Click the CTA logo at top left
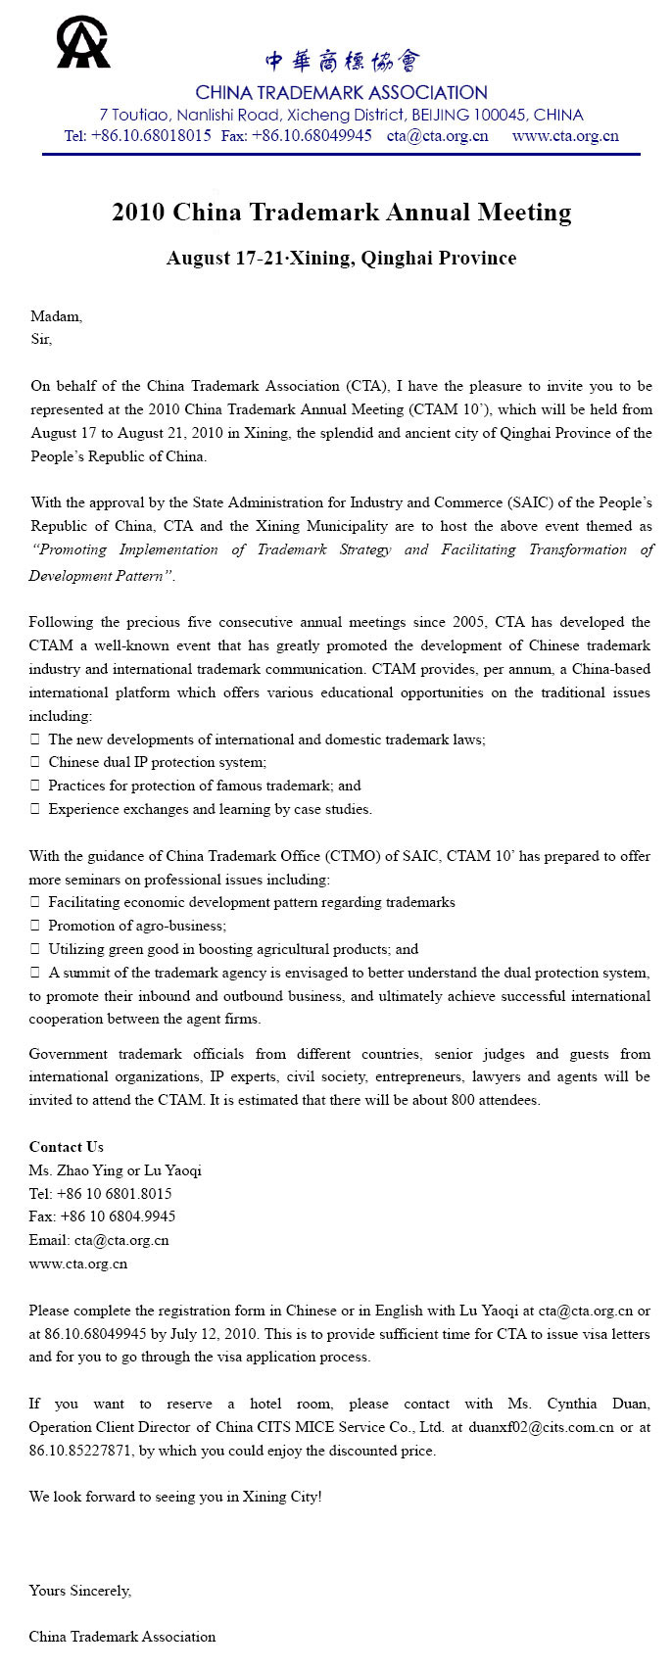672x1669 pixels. (82, 43)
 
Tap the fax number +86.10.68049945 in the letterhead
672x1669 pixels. (312, 136)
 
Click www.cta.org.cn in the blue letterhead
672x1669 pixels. (565, 136)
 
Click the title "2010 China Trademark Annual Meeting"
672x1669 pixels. (341, 213)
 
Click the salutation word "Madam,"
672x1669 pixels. (57, 316)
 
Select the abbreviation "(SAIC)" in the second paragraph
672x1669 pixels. (536, 502)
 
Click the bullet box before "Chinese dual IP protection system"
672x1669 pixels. (35, 762)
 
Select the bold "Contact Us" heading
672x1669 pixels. (66, 1147)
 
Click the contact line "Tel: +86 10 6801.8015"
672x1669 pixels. (100, 1194)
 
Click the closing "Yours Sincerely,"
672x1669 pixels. (79, 1590)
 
